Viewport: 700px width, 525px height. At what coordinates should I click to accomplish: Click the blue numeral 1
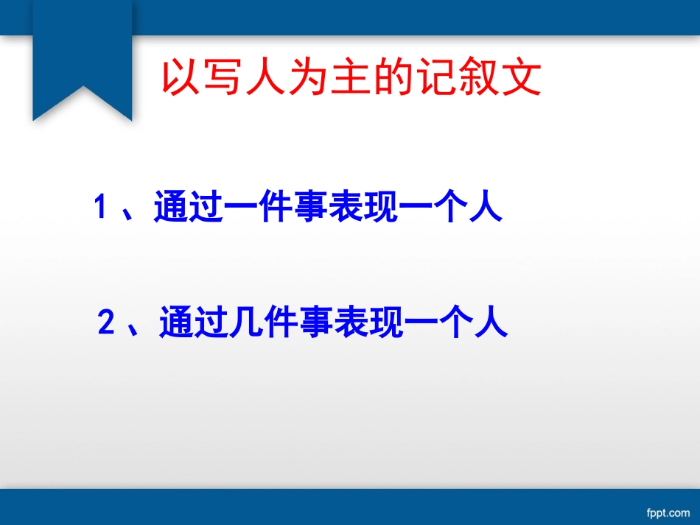pos(102,207)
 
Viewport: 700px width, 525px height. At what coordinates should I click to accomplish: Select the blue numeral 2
pos(107,323)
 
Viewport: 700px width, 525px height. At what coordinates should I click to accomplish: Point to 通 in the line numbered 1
pos(170,207)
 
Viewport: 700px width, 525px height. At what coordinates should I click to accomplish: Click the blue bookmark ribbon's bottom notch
pos(83,88)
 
